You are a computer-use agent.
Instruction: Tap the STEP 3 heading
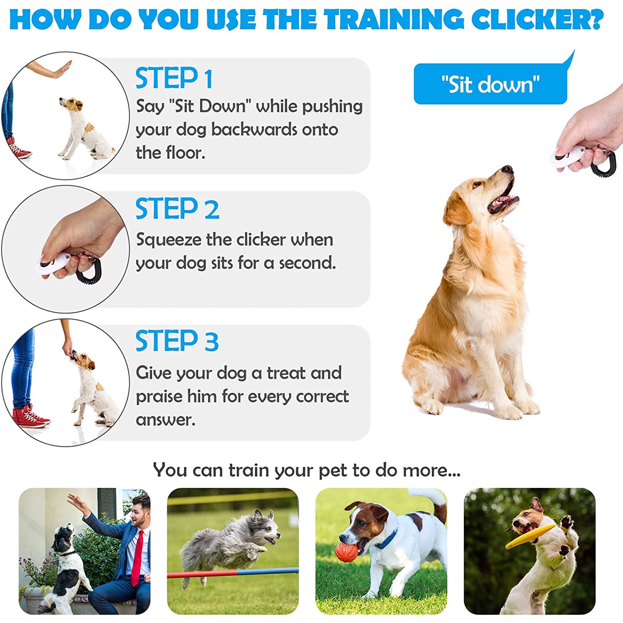pos(177,341)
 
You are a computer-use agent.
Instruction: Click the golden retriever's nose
pos(507,169)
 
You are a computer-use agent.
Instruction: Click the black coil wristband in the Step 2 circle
pos(89,274)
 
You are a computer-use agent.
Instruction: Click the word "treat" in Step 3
pos(283,373)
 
